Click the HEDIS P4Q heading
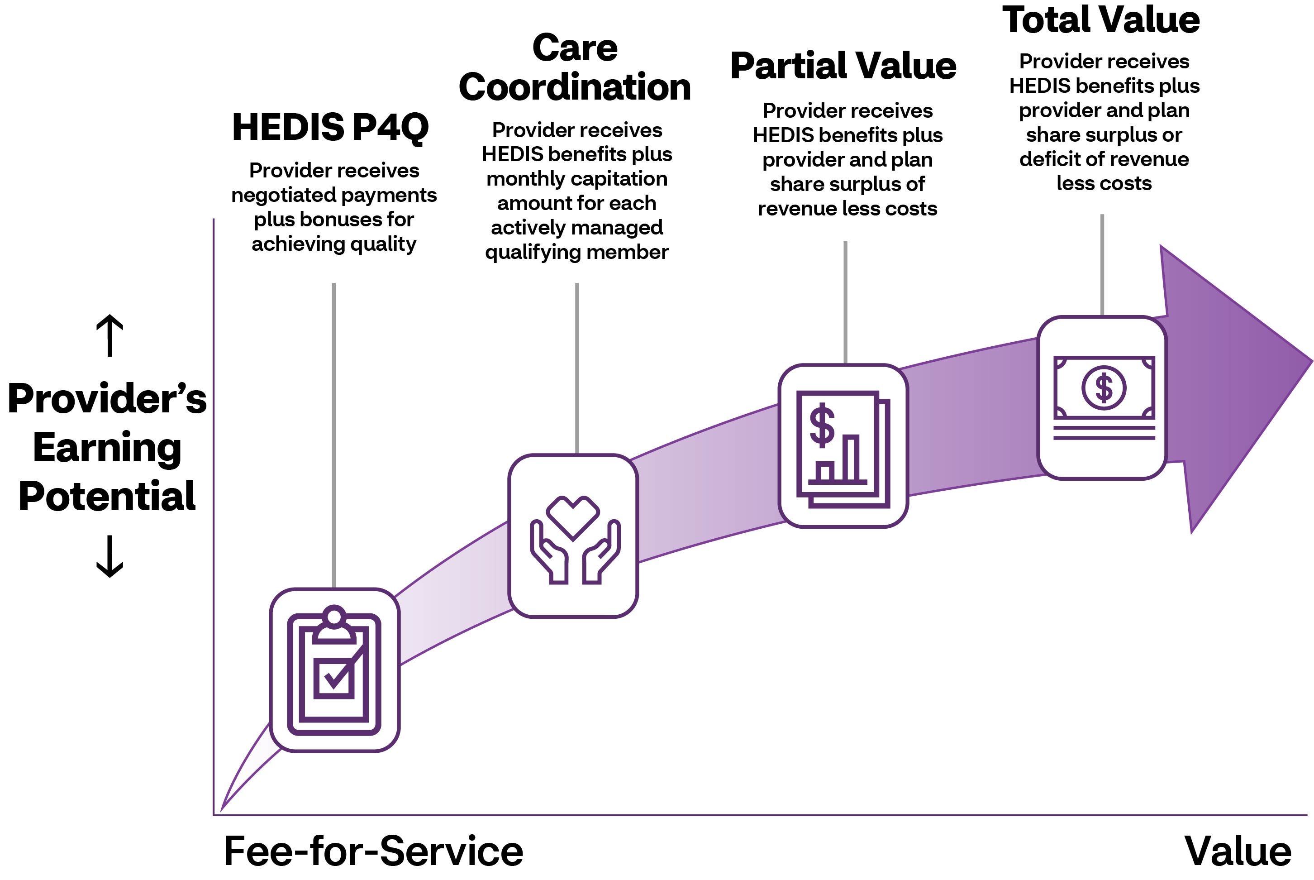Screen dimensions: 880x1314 click(330, 127)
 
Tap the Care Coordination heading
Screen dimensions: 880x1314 click(575, 67)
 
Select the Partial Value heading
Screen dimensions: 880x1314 click(843, 66)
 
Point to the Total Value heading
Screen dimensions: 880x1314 click(1101, 19)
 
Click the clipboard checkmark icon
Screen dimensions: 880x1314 click(334, 671)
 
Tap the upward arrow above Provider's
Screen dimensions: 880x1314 click(110, 335)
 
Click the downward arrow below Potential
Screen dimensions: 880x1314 click(110, 557)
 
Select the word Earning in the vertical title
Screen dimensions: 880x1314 click(107, 447)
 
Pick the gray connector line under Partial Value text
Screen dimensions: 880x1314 click(845, 303)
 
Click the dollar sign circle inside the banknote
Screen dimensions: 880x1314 click(1103, 388)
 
